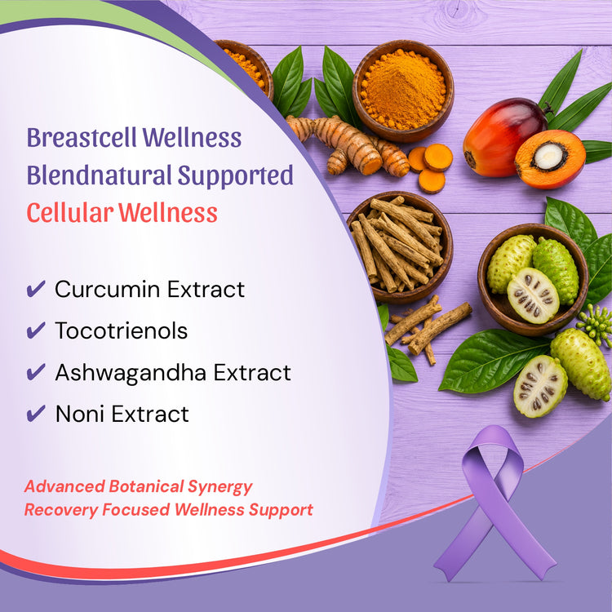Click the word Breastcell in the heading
click(82, 138)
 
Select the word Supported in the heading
click(235, 175)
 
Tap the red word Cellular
click(70, 213)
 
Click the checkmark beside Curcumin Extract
click(36, 289)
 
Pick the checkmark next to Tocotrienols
click(36, 330)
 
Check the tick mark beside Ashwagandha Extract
click(36, 372)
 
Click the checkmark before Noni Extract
click(36, 414)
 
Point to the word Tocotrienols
click(122, 330)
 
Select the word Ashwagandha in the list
click(131, 372)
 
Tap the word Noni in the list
click(81, 414)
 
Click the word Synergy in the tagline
click(220, 487)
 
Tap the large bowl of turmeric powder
click(403, 91)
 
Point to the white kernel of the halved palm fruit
click(548, 156)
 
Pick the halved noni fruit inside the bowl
click(533, 295)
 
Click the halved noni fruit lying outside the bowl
click(540, 386)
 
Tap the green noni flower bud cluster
click(595, 326)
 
